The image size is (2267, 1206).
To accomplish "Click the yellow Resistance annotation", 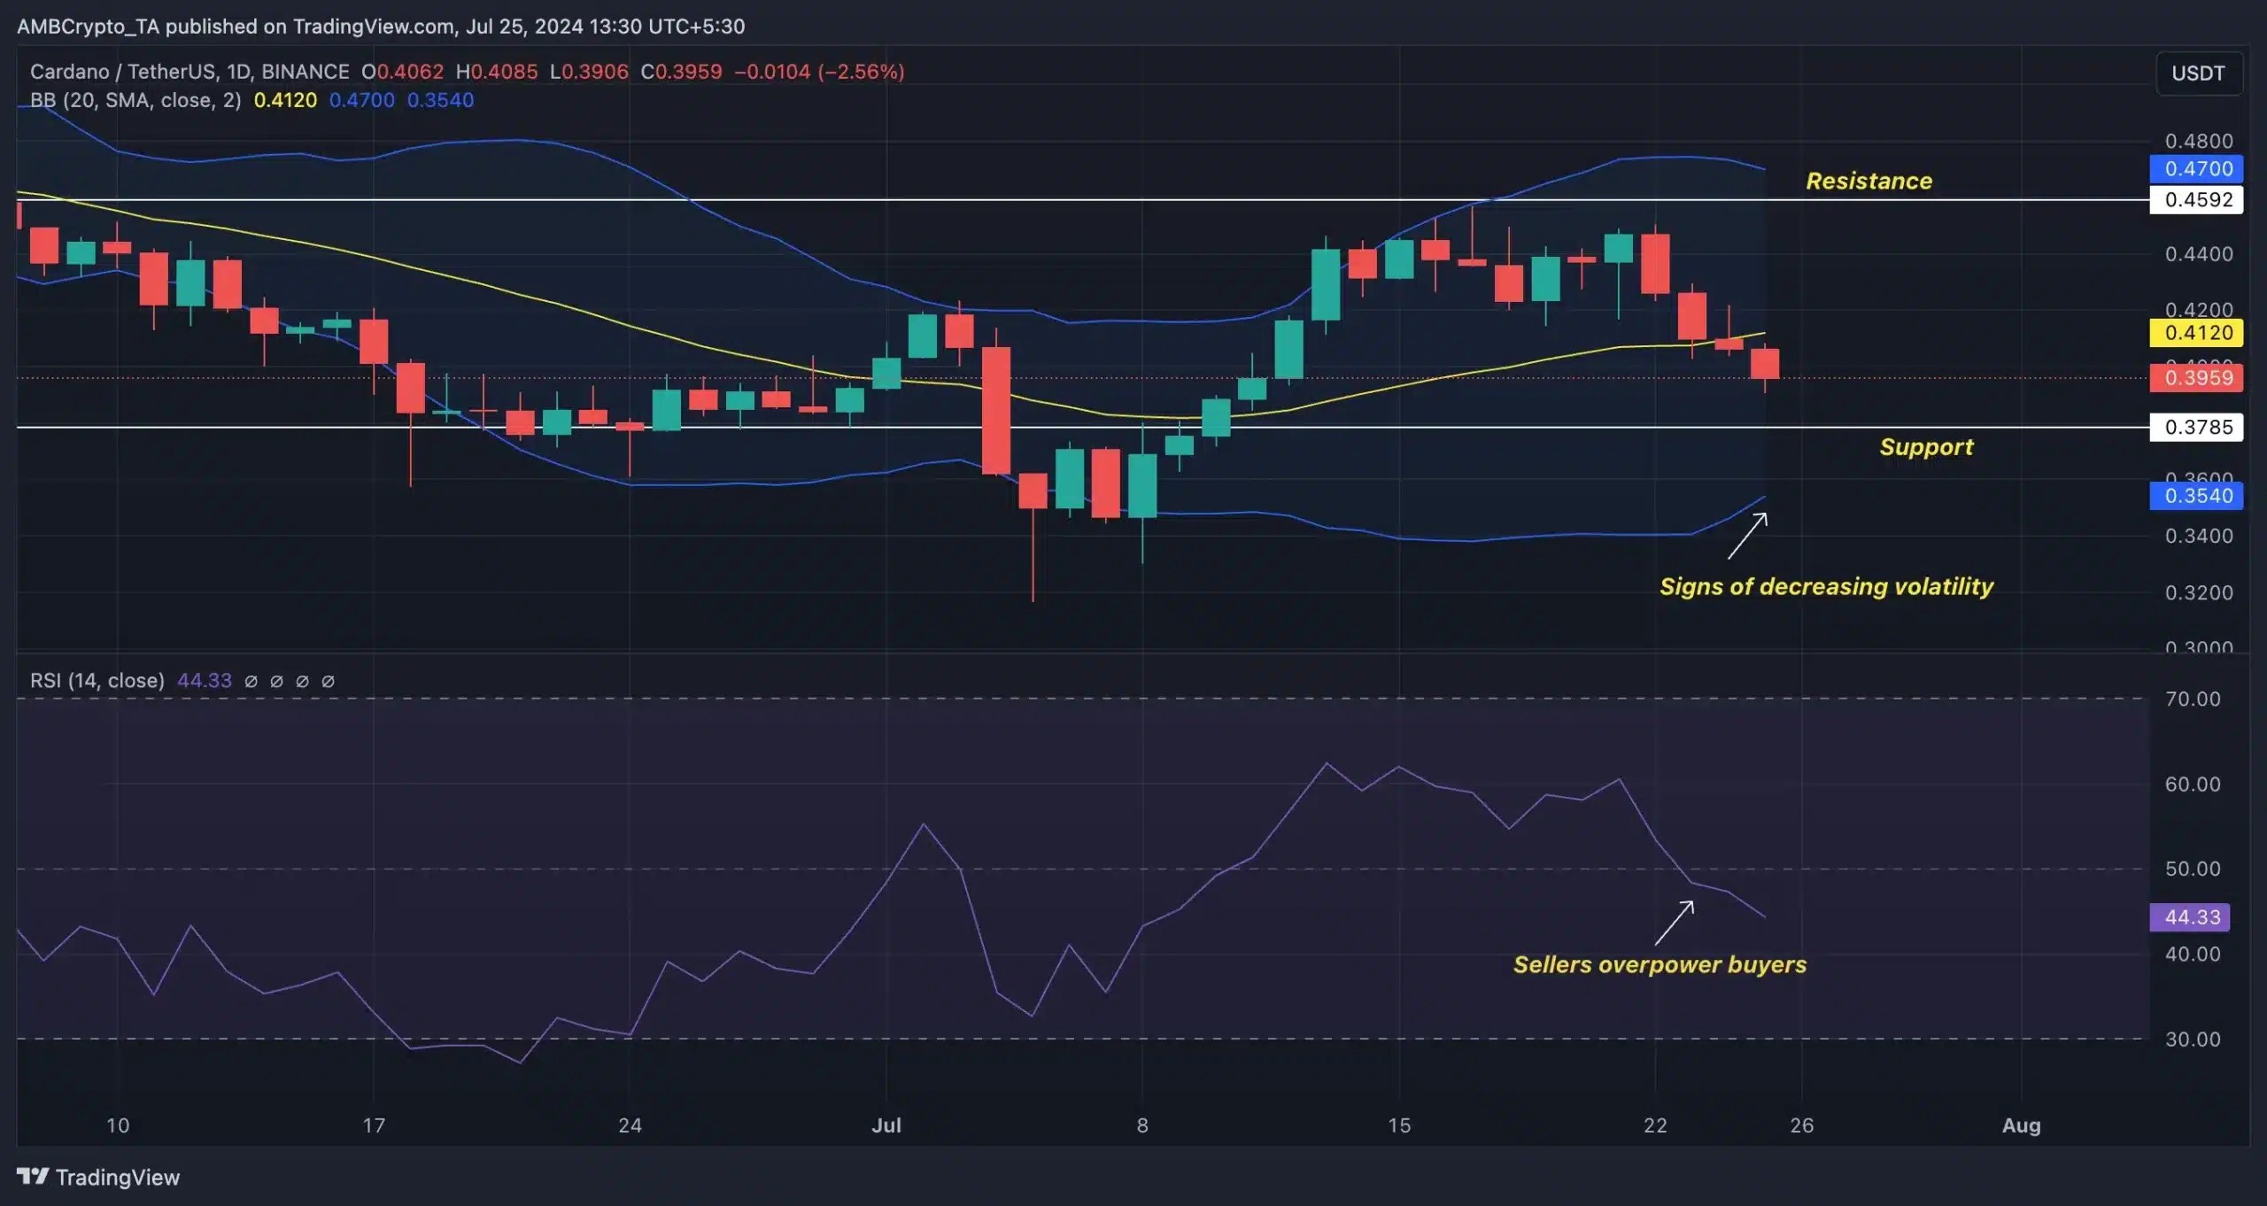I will (x=1869, y=181).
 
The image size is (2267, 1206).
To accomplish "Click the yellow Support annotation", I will (x=1926, y=446).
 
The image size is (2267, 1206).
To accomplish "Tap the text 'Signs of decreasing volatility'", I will (x=1826, y=586).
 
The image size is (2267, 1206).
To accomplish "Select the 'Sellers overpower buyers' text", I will (x=1660, y=964).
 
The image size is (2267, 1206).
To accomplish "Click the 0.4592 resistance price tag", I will (x=2197, y=200).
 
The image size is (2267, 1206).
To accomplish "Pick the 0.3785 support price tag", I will (x=2197, y=428).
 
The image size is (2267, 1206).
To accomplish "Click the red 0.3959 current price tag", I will (x=2197, y=378).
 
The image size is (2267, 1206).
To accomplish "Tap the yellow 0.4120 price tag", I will (x=2197, y=333).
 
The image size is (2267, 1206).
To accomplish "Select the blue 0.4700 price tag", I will (x=2197, y=168).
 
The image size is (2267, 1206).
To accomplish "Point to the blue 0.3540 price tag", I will (x=2197, y=496).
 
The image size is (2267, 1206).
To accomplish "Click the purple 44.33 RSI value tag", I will (x=2191, y=917).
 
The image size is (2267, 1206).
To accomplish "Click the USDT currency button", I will (x=2198, y=73).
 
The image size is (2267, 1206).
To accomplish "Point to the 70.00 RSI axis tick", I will (x=2192, y=700).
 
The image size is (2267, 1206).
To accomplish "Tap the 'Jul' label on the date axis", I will (x=886, y=1125).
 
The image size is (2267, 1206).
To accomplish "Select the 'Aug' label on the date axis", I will (x=2021, y=1125).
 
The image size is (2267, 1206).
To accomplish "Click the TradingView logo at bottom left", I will (x=98, y=1177).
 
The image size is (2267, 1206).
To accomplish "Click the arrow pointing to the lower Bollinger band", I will (x=1747, y=536).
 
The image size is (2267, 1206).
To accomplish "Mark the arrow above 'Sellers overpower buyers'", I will (x=1675, y=923).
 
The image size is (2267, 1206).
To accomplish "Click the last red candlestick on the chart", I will (x=1765, y=364).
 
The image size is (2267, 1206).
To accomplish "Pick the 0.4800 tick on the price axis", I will (x=2198, y=141).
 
